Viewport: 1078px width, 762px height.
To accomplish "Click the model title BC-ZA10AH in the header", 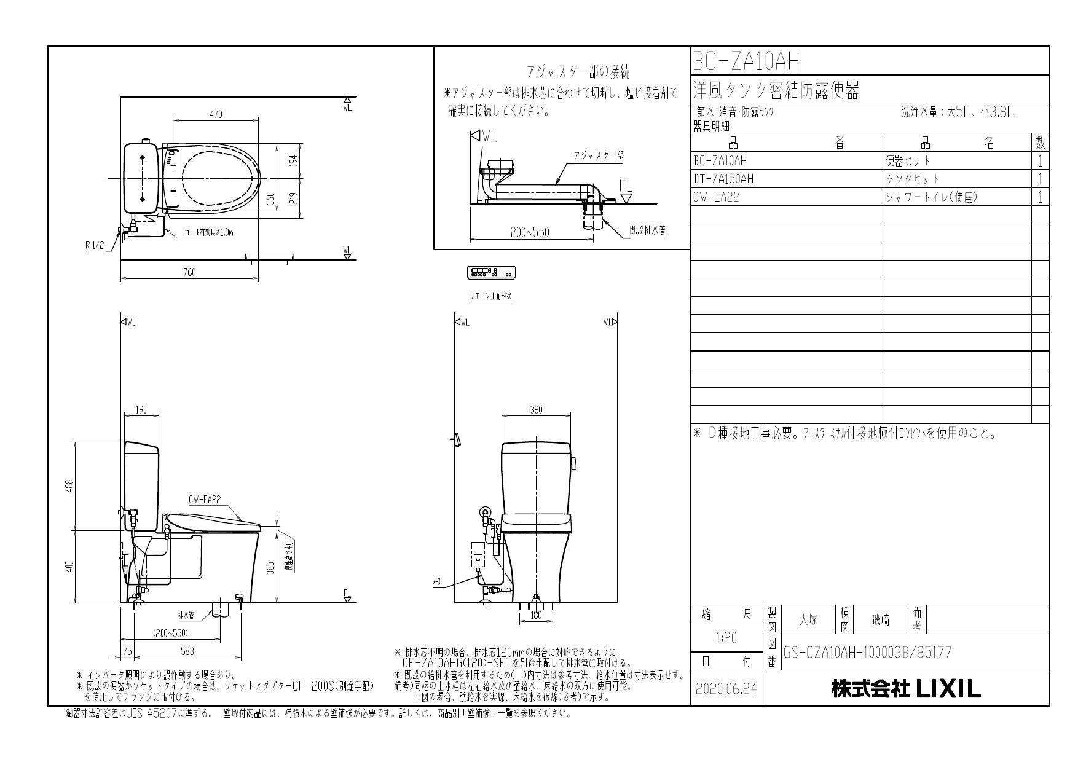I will (746, 61).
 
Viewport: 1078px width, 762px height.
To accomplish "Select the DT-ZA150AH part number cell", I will (723, 179).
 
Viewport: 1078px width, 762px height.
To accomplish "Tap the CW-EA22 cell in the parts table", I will (716, 197).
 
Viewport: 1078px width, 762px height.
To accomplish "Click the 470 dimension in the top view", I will (216, 114).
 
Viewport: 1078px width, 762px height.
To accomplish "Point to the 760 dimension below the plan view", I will (189, 272).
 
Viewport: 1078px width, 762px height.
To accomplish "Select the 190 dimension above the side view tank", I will (141, 410).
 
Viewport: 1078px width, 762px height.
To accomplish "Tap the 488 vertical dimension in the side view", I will (70, 485).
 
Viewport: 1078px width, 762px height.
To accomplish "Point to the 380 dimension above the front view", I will (536, 410).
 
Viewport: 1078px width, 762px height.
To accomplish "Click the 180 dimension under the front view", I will (536, 614).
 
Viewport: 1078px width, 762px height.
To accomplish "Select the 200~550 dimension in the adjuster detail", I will (530, 232).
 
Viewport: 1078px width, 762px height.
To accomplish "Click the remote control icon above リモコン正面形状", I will (491, 272).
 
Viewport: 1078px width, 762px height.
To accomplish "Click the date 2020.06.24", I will (726, 689).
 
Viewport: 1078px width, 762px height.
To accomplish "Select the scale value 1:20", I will (726, 638).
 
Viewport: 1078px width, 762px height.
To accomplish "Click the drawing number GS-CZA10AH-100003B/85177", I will (867, 652).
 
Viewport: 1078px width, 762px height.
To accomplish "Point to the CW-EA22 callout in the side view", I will (204, 500).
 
